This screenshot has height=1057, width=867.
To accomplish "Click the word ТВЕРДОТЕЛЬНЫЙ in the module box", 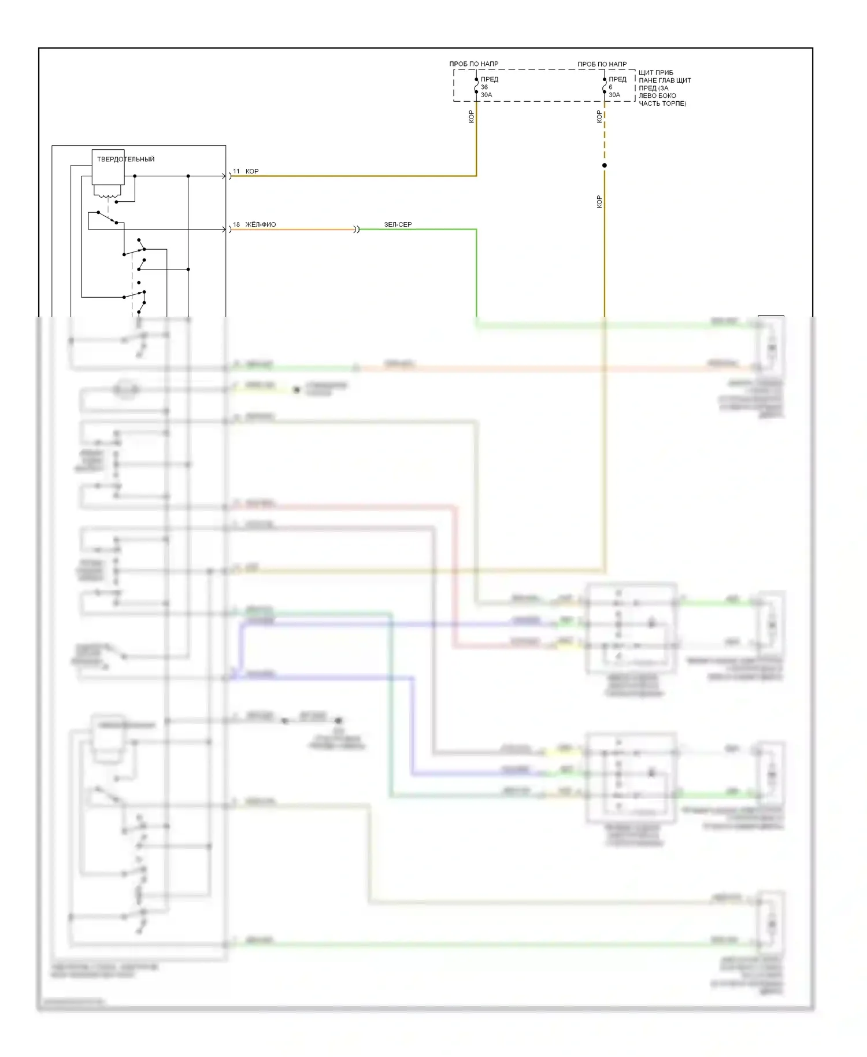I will point(125,159).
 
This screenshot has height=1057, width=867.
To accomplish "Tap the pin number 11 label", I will point(236,171).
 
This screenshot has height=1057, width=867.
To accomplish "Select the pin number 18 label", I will point(236,224).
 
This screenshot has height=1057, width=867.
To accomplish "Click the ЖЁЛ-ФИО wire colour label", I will point(261,224).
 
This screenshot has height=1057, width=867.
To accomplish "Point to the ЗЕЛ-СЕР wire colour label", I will point(398,224).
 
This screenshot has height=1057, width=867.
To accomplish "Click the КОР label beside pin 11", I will point(252,171).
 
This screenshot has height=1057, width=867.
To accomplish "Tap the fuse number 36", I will point(484,87).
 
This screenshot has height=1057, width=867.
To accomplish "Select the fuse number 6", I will point(610,87).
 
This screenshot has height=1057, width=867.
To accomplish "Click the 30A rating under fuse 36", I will point(486,95).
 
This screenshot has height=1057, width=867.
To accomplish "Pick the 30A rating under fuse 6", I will point(614,95).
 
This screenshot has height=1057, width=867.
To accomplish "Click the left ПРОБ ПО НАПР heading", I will point(473,64).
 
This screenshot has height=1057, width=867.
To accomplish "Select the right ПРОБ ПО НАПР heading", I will point(602,64).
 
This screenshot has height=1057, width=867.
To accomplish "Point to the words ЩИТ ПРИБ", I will point(655,73).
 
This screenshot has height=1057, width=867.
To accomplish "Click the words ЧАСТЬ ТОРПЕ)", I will point(662,104).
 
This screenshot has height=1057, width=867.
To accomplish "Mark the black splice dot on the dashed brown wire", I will point(605,165).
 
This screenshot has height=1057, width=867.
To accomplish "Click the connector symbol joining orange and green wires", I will point(357,230).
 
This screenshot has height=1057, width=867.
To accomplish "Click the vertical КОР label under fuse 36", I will point(471,117).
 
